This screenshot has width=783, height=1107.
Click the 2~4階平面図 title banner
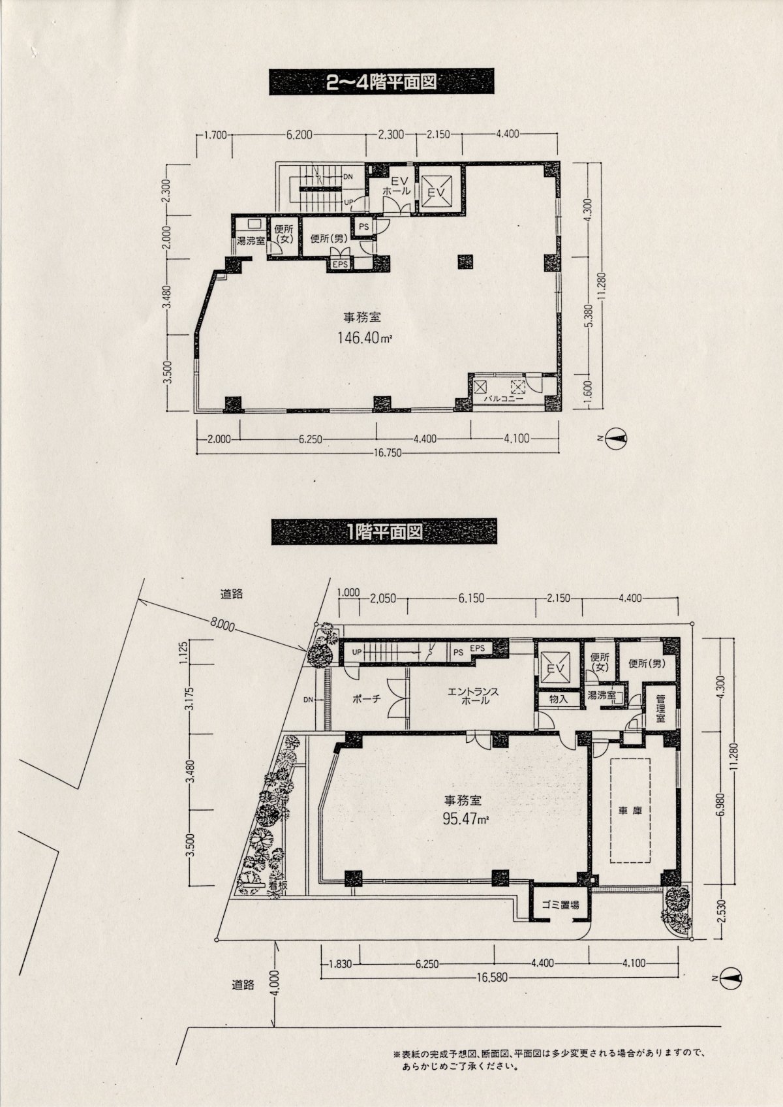point(381,82)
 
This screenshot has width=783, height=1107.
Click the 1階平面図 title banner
point(384,532)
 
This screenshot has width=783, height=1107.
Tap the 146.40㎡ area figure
point(365,338)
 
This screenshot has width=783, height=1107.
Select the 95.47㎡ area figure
point(466,819)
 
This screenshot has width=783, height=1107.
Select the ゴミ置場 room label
point(560,905)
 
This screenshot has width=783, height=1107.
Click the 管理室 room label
point(660,708)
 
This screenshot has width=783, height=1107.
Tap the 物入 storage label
point(559,699)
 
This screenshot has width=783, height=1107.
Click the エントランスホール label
point(473,696)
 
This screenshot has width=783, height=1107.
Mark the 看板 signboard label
point(279,886)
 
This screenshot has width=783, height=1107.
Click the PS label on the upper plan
point(364,227)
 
